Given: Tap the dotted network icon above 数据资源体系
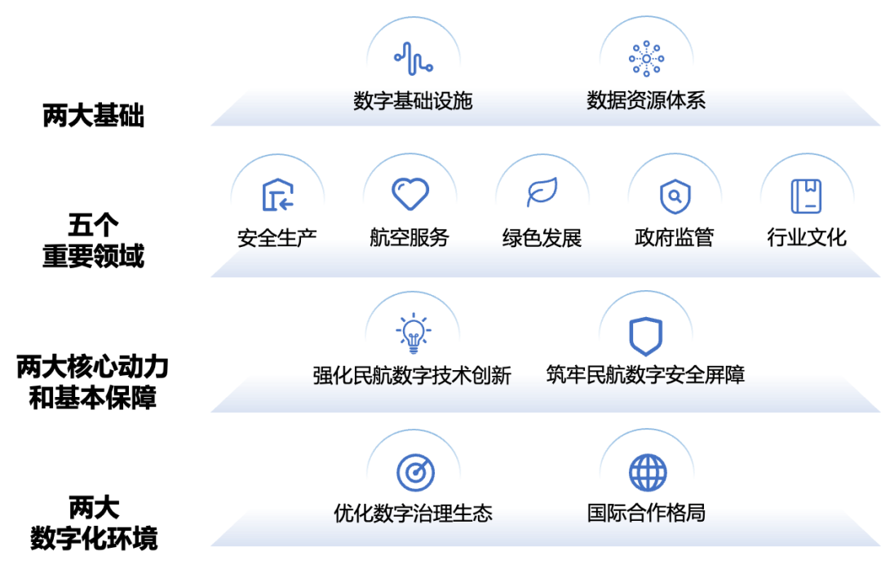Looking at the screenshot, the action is (x=647, y=59).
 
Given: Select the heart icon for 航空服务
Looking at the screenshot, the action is (x=410, y=194).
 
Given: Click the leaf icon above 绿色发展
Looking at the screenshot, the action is (x=542, y=192).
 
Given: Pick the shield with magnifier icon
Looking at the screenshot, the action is (x=675, y=196).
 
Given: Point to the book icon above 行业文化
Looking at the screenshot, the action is (x=806, y=196).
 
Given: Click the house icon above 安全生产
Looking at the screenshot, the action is (x=278, y=194).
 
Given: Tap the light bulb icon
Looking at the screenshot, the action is (x=414, y=333).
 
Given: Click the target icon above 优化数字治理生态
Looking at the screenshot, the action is (x=415, y=472).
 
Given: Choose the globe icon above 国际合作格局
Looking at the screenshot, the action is (x=648, y=472).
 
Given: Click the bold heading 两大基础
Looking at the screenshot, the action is (x=93, y=115).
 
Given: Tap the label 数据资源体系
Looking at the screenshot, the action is (x=646, y=100).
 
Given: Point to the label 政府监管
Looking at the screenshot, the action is (x=675, y=237).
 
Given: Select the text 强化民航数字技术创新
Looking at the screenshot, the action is (x=413, y=375).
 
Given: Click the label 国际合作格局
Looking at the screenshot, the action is (x=646, y=513).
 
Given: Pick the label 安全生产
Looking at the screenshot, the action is (x=277, y=238).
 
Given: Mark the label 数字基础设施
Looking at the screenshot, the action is (x=413, y=101).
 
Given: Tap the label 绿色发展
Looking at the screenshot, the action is (x=542, y=238).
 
